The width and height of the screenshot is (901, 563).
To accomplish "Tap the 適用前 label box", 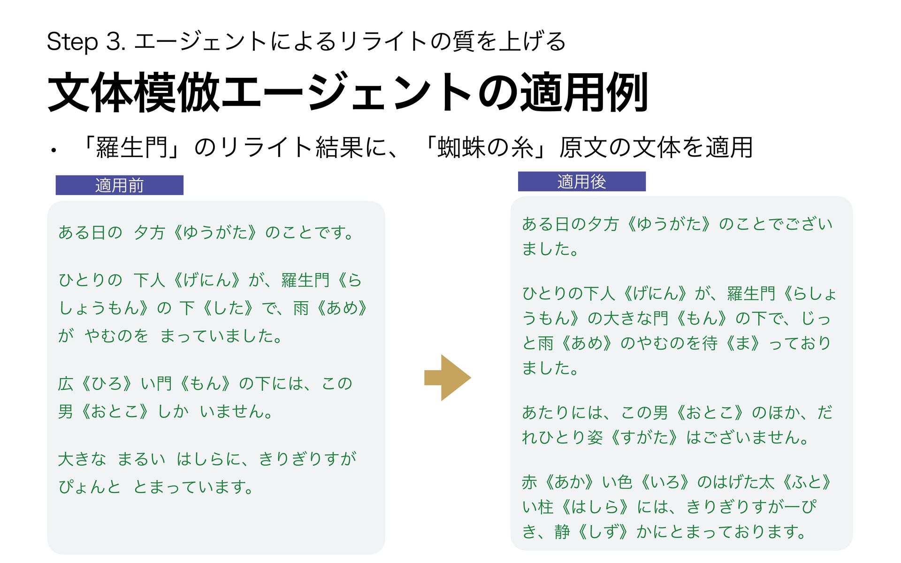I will (119, 185).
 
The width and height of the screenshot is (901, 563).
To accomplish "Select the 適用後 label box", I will (581, 182).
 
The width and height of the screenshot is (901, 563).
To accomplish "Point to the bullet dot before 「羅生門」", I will (54, 151).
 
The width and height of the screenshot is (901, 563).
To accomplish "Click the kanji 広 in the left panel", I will (66, 384).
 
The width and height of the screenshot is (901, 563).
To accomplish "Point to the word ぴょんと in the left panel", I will (89, 487).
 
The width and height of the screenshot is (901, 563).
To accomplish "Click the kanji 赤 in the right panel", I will (529, 482).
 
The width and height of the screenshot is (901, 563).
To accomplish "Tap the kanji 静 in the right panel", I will (562, 532).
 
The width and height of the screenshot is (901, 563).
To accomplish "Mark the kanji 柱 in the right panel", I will (545, 507).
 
